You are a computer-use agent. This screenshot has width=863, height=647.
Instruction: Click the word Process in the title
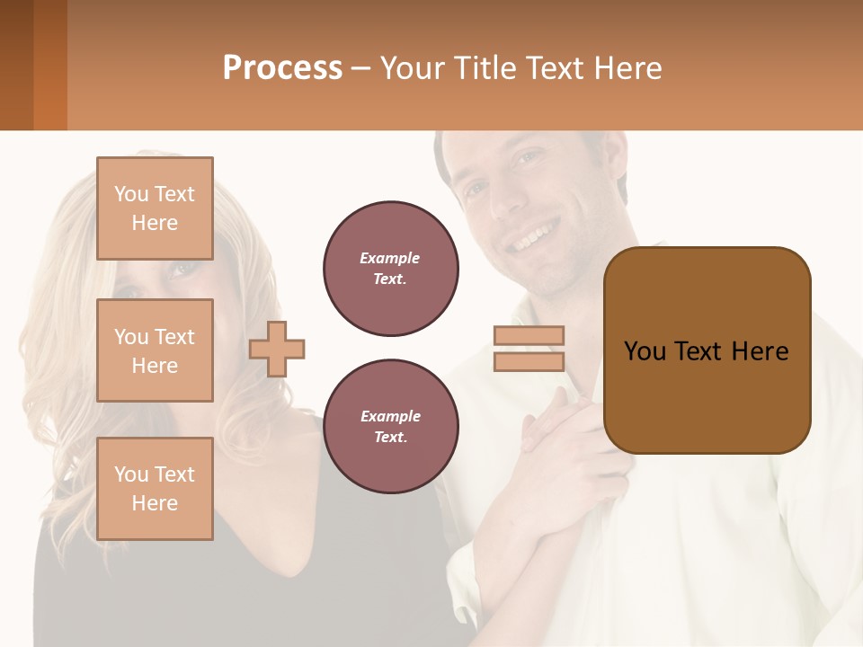(282, 67)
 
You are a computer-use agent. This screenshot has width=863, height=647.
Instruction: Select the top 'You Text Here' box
(155, 208)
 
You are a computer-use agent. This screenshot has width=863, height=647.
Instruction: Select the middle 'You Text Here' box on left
(155, 350)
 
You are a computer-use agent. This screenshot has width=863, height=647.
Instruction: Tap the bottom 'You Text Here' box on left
(155, 489)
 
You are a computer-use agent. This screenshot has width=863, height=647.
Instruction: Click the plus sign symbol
(277, 349)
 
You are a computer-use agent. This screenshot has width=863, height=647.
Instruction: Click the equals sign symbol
(529, 349)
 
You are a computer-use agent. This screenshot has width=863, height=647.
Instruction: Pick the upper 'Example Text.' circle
(390, 268)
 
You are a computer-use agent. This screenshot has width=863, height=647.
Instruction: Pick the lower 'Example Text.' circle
(390, 426)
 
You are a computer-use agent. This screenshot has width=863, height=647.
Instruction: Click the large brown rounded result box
(707, 350)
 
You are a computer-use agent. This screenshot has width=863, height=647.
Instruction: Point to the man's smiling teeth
(532, 238)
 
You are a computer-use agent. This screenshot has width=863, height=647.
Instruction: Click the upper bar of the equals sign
(529, 335)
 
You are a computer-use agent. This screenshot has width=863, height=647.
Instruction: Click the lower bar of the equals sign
(529, 361)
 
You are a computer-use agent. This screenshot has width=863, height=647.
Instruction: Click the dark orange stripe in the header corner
(50, 65)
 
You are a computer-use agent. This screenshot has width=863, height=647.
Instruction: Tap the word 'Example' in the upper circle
(390, 258)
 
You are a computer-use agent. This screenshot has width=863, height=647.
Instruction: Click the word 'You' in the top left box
(131, 194)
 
